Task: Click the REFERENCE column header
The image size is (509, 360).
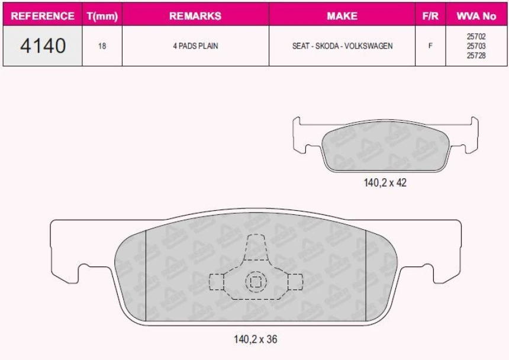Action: click(x=43, y=15)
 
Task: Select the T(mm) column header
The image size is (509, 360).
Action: click(x=102, y=15)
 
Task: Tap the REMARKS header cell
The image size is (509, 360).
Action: click(x=195, y=15)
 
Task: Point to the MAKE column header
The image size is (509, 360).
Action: click(x=342, y=15)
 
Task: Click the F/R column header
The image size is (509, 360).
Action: click(x=430, y=15)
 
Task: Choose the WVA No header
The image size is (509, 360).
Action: click(x=476, y=15)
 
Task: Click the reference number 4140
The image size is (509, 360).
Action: click(x=43, y=46)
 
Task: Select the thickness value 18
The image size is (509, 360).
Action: click(x=102, y=46)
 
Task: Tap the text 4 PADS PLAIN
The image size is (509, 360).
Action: click(x=195, y=46)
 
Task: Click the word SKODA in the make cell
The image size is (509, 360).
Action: click(x=327, y=46)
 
